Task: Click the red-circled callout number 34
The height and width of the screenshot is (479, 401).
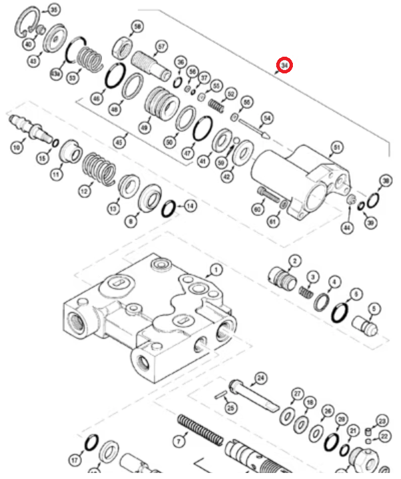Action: pos(285,65)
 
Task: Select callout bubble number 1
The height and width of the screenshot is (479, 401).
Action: pos(216,270)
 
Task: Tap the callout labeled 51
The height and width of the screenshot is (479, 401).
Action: pos(336,147)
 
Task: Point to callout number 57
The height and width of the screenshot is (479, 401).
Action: pos(161,47)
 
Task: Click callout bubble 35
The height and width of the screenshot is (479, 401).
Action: pos(53,10)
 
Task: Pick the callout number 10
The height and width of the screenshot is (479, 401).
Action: pos(16,146)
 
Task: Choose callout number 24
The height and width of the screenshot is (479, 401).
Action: pos(260,378)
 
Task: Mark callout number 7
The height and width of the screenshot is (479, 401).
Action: pos(179,441)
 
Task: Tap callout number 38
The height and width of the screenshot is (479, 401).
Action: pos(385,181)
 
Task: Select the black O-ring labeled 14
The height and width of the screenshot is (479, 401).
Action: pos(169,207)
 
